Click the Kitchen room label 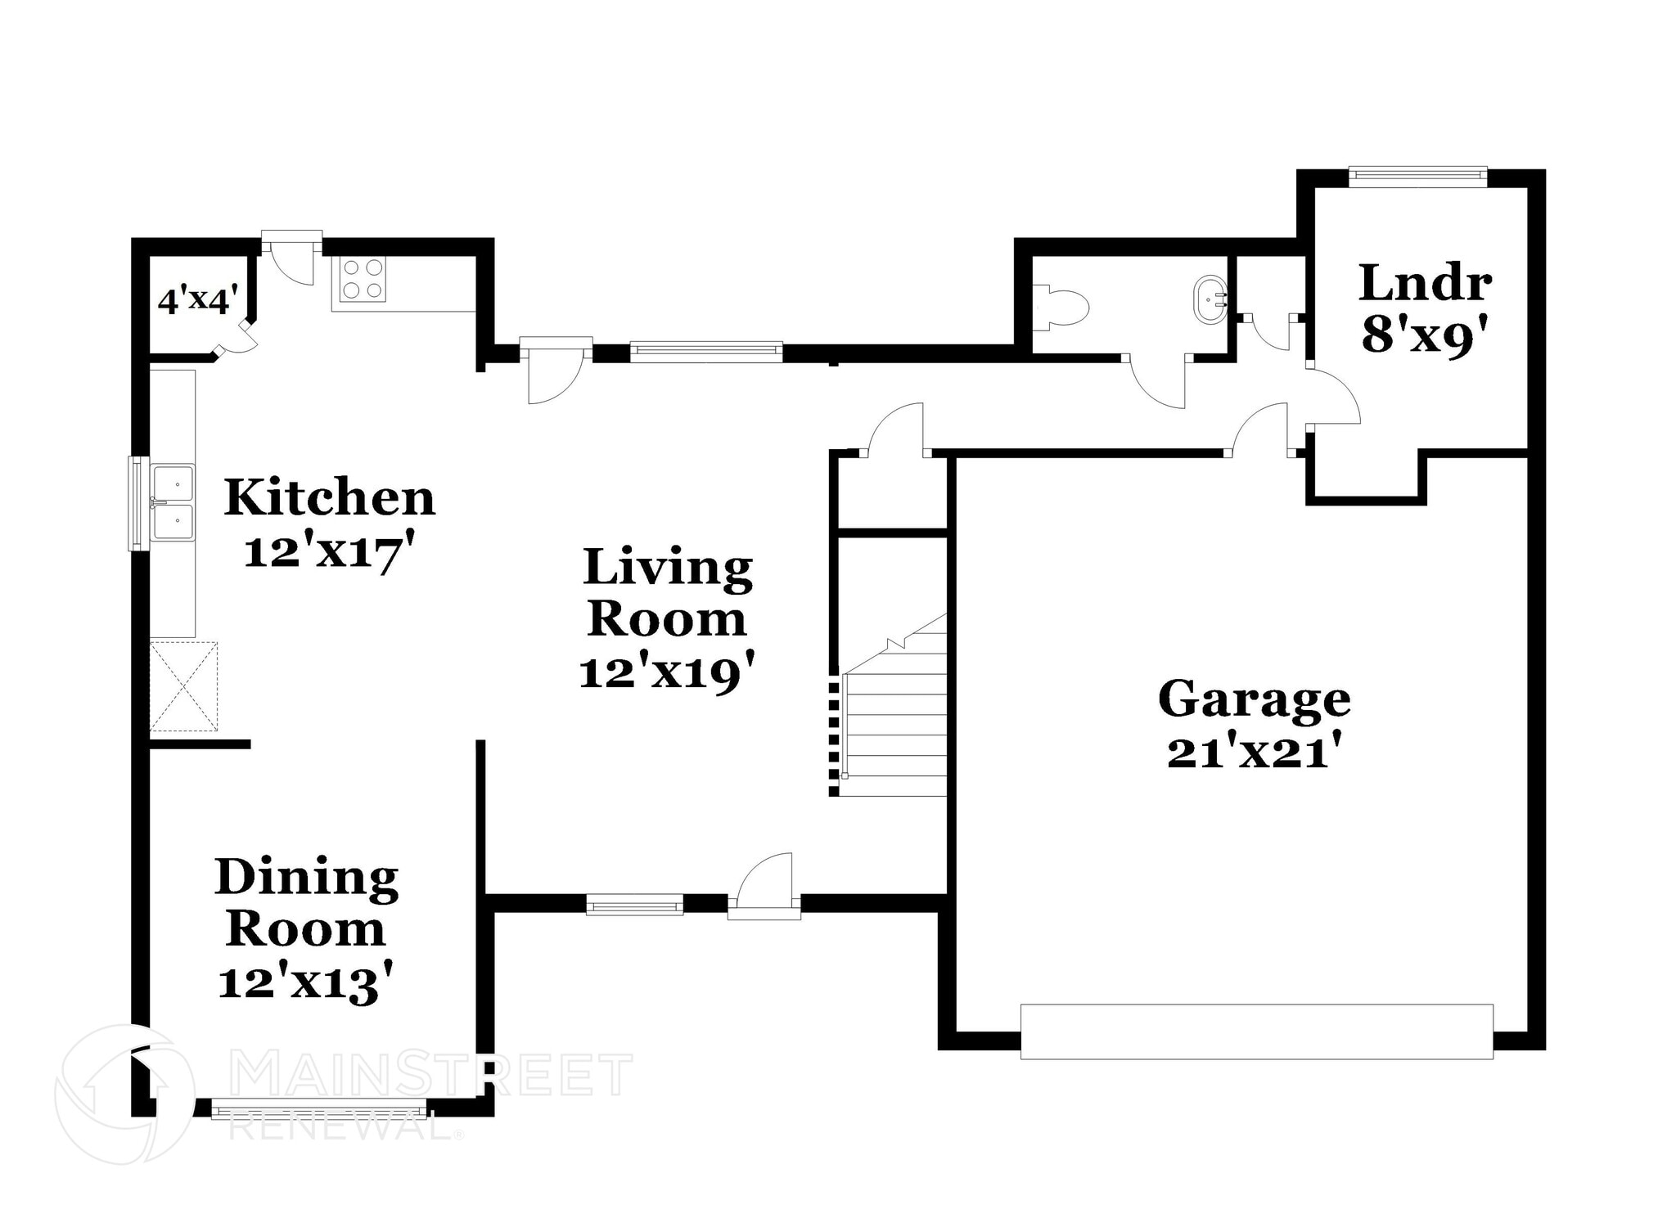(329, 497)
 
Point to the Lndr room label (1425, 283)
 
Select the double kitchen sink (173, 503)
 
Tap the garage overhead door (1256, 1031)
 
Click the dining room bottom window (319, 1111)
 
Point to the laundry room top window (1417, 173)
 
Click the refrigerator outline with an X (184, 686)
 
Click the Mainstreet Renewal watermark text (430, 1076)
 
